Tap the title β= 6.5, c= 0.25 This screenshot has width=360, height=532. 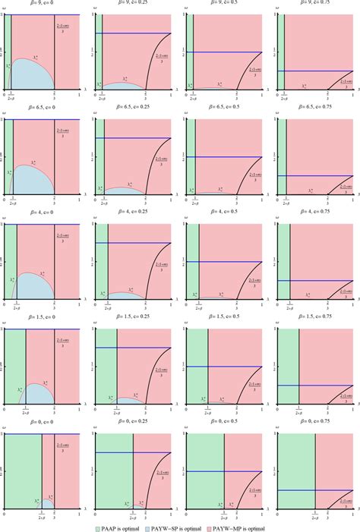134,110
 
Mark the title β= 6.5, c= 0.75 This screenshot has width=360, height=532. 314,110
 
